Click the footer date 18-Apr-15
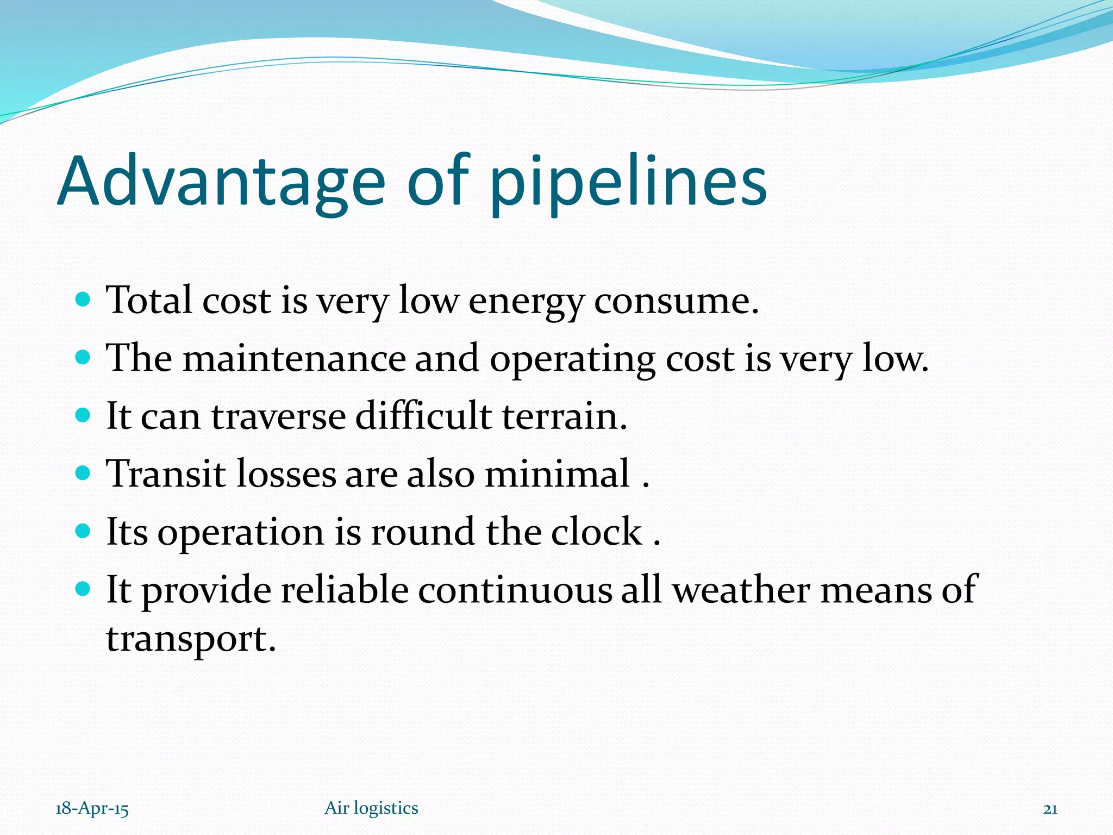[x=92, y=808]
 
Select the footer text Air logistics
[x=371, y=808]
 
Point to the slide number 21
[x=1050, y=809]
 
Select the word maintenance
[x=293, y=359]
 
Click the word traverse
[x=278, y=416]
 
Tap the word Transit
[x=166, y=473]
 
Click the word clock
[x=596, y=532]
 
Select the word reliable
[x=345, y=590]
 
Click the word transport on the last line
[x=190, y=640]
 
